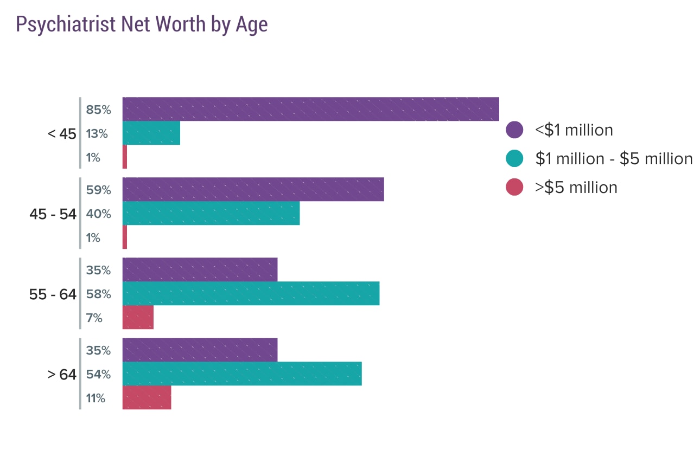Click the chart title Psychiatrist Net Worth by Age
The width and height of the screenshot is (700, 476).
[142, 25]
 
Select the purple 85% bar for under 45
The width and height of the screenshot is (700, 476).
[310, 109]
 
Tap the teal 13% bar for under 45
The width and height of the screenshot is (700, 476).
[151, 133]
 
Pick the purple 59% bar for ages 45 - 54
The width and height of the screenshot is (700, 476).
[253, 189]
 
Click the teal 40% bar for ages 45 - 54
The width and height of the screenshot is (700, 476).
[211, 213]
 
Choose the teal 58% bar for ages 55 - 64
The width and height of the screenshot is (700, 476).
[251, 293]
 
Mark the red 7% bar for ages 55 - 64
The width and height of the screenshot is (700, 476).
[138, 317]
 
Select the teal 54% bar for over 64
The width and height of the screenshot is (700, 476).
[242, 374]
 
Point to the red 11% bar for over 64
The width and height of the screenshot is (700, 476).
[147, 397]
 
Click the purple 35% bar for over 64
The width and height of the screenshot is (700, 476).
[200, 350]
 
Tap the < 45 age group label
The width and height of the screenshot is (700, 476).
[62, 133]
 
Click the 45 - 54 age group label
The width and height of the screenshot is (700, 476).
[53, 214]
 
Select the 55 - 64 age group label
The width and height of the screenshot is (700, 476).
[53, 294]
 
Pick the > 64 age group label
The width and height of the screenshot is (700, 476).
[62, 374]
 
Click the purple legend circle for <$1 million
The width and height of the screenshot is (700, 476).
[514, 130]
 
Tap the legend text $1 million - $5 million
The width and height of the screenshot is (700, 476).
[614, 159]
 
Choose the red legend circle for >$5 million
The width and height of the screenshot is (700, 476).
[514, 188]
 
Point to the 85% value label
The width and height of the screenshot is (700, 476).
[98, 110]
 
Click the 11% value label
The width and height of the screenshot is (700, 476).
[96, 398]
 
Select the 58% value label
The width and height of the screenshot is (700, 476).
[98, 294]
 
